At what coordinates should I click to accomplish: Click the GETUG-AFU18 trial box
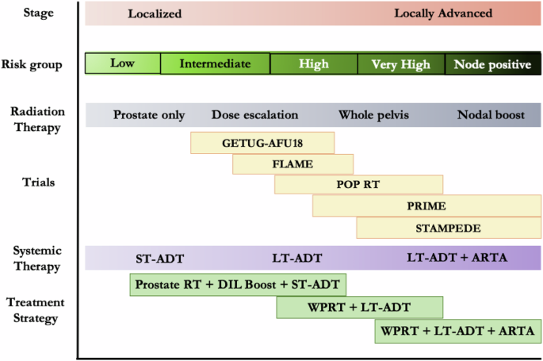(x=262, y=143)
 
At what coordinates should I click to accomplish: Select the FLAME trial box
(x=293, y=164)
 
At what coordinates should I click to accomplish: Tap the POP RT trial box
(x=358, y=185)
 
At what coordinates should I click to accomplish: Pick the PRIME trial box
(x=426, y=206)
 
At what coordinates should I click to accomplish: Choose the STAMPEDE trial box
(x=449, y=228)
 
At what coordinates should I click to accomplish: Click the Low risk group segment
(x=122, y=63)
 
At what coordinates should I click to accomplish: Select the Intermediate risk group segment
(x=215, y=63)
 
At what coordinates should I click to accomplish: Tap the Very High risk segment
(x=401, y=64)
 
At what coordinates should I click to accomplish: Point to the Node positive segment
(x=492, y=64)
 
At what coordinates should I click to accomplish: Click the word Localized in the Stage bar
(x=155, y=13)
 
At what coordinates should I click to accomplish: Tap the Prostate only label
(x=149, y=115)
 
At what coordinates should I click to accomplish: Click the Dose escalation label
(x=255, y=115)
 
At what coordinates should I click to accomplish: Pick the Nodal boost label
(x=491, y=115)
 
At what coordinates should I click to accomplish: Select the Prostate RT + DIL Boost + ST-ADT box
(x=238, y=284)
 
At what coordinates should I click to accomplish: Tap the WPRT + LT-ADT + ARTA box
(x=457, y=330)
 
